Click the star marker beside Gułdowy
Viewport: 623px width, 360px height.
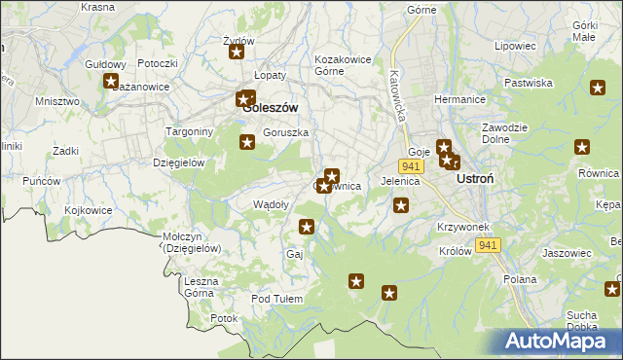(111, 82)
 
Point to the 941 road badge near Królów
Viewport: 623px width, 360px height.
(488, 245)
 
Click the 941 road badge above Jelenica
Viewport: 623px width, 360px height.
(410, 166)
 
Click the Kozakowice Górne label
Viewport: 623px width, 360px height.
(343, 65)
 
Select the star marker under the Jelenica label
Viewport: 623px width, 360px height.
(400, 204)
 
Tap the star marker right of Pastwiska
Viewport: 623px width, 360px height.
(598, 88)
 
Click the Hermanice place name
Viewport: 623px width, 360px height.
(459, 100)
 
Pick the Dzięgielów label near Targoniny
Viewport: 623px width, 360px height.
(178, 162)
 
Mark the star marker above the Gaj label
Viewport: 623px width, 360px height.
(307, 227)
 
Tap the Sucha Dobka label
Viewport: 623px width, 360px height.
(582, 320)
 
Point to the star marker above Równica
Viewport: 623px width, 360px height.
(582, 148)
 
